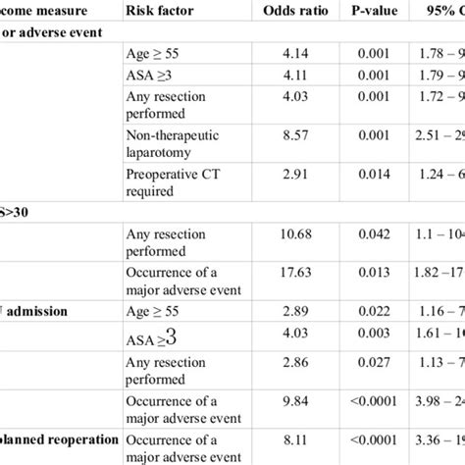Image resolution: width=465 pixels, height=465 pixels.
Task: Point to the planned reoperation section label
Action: click(x=54, y=439)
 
